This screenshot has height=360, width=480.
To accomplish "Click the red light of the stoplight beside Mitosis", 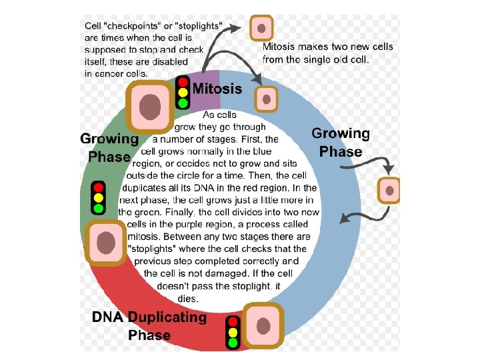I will coord(183,82).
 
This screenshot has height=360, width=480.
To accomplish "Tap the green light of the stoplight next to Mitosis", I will coord(183,103).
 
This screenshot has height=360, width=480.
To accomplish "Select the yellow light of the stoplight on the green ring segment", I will coord(99,198).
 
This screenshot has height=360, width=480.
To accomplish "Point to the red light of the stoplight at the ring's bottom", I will coord(233,321).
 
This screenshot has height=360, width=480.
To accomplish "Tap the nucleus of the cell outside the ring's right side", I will coord(389,191).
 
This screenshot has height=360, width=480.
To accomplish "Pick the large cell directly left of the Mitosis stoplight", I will coord(150,107).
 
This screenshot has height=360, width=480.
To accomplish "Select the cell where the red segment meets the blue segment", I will coord(264,327).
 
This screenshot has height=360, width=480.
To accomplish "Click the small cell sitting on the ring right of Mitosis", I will coord(267,99).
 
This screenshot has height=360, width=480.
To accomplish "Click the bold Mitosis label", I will coord(217,88).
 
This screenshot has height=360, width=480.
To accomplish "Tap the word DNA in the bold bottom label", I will coord(108,317).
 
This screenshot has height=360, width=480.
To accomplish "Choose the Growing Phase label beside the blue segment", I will coord(340,143).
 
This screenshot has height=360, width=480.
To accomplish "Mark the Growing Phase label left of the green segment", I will coord(109,148).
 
